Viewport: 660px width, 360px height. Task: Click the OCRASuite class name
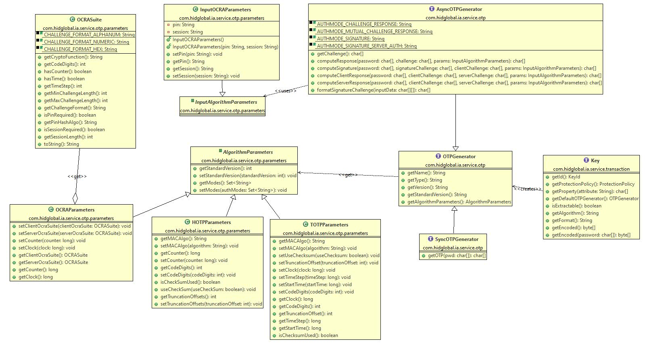tap(89, 19)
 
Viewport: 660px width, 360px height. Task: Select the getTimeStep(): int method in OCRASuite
tap(63, 86)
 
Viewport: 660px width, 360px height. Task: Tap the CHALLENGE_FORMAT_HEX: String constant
tap(80, 49)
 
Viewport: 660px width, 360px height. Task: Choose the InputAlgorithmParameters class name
tap(226, 102)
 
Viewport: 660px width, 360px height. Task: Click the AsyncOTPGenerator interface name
tap(459, 9)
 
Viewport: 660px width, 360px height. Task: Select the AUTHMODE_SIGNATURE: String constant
tap(351, 39)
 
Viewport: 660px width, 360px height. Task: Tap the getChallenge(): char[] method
tap(340, 54)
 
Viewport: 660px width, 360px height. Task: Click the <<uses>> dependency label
tap(285, 91)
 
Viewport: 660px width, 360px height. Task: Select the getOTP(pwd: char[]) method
tap(457, 255)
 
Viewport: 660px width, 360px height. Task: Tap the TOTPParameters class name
tap(329, 225)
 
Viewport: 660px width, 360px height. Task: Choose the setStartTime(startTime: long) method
tap(315, 285)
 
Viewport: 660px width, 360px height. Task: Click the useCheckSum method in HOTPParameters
tap(208, 289)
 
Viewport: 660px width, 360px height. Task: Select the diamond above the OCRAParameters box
tap(75, 199)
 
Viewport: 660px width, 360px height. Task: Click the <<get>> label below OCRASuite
tap(77, 176)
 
